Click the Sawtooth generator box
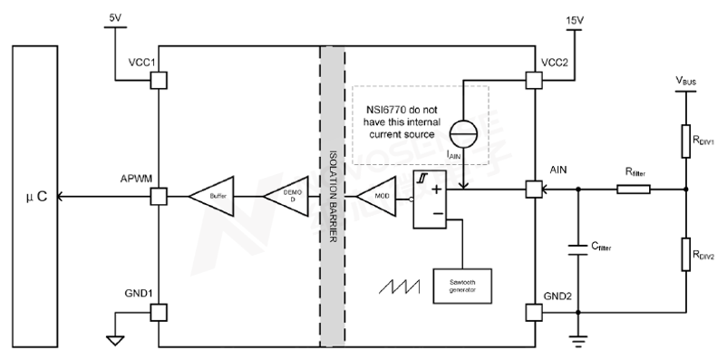[x=462, y=286]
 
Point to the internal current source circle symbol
[x=462, y=131]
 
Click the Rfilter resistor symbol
[x=633, y=190]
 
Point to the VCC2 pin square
[x=534, y=80]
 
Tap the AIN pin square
[x=534, y=190]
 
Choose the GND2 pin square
[x=534, y=312]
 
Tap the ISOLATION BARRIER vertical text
[x=334, y=195]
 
